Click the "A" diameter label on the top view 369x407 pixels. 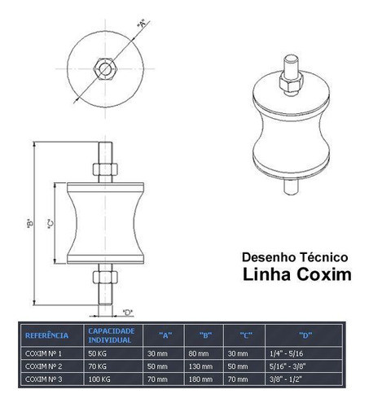pos(142,24)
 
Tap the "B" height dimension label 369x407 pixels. pos(30,223)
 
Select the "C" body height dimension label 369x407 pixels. pos(51,223)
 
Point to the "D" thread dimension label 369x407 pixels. pos(128,313)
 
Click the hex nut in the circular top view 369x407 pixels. pos(105,68)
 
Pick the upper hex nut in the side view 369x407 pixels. pos(105,169)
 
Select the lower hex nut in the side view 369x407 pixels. pos(105,277)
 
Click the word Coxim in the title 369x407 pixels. pos(324,274)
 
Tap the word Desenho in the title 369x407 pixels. pos(269,257)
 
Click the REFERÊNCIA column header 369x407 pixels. pos(46,335)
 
